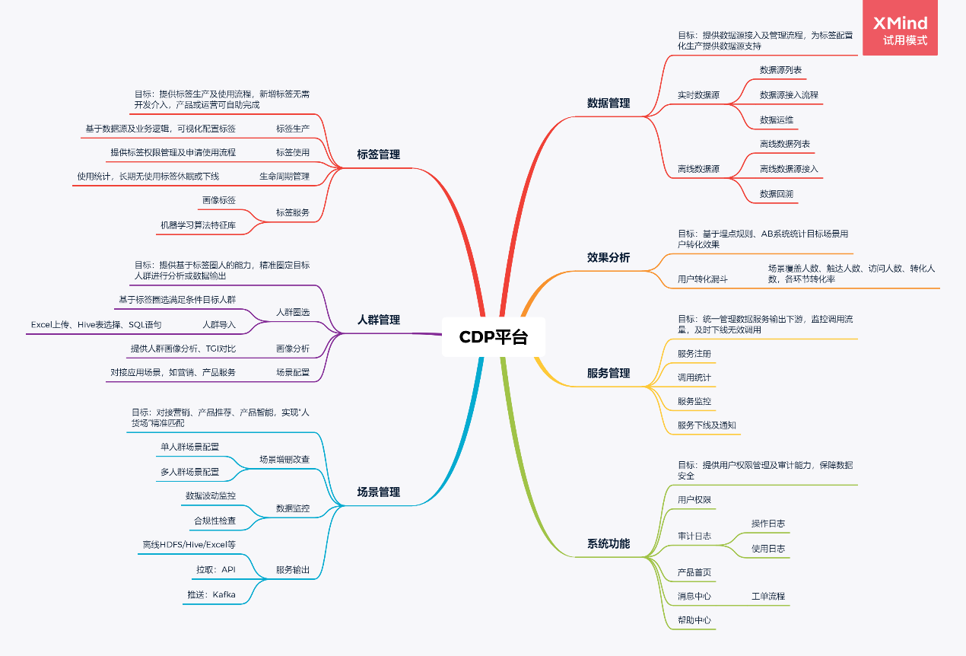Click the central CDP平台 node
coord(493,337)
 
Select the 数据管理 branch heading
coord(609,103)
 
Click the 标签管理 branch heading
coord(379,154)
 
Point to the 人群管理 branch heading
coord(379,320)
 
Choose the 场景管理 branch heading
coord(379,492)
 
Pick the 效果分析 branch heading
coord(609,257)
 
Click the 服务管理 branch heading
coord(609,373)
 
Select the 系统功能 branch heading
coord(609,544)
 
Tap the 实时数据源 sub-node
coord(698,95)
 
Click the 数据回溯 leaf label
coord(777,194)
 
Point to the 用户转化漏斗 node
coord(702,279)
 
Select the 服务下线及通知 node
coord(707,425)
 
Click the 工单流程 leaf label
coord(767,596)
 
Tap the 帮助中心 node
coord(694,620)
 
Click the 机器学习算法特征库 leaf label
coord(198,225)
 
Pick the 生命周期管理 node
coord(284,177)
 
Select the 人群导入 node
coord(219,324)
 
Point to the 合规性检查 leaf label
coord(214,521)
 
